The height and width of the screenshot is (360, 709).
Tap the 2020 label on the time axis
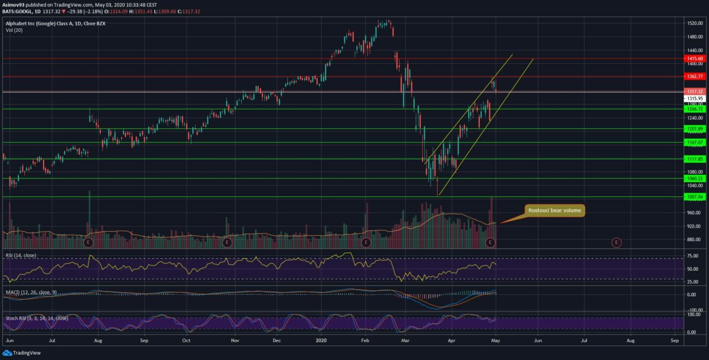tap(321, 341)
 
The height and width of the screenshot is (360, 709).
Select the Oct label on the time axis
tap(186, 341)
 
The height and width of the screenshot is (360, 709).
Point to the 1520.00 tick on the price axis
tap(694, 23)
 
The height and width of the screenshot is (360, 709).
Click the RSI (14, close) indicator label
tap(21, 255)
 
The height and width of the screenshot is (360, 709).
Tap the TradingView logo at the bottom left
tap(21, 353)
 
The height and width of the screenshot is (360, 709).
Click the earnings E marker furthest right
tap(616, 242)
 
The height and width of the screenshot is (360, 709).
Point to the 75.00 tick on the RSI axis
tap(693, 256)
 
